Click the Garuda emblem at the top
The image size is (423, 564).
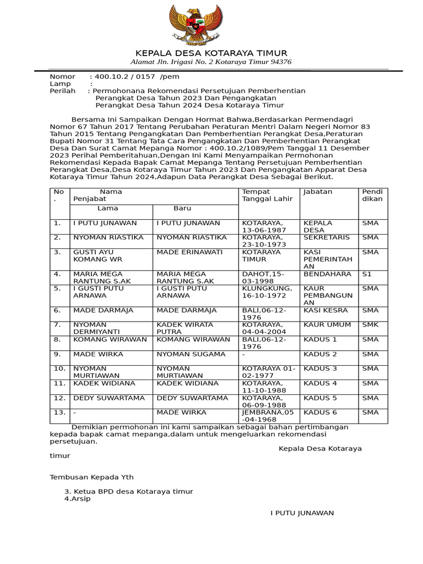click(211, 25)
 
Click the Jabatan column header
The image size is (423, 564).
click(317, 192)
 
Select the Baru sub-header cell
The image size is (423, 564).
click(182, 209)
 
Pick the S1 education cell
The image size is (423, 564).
click(367, 274)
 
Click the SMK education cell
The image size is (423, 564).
click(370, 325)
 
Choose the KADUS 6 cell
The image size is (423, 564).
click(320, 413)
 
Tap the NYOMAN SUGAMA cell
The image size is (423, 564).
click(191, 354)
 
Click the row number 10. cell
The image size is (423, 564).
click(59, 368)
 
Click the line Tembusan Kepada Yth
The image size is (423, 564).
click(91, 477)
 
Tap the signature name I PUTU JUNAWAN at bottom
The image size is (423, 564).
click(302, 513)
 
